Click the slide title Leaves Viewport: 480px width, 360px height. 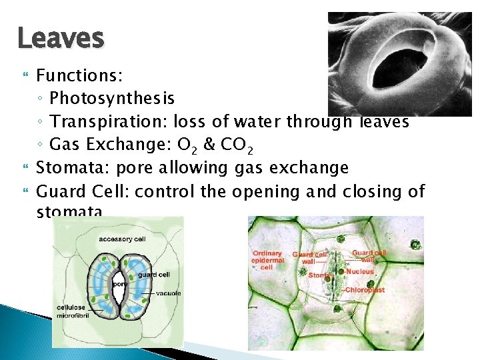coord(61,38)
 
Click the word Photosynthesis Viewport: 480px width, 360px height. coord(112,99)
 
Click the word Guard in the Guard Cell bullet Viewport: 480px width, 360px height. coord(59,191)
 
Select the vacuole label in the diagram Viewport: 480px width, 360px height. coord(168,293)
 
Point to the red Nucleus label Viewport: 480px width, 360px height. coord(360,272)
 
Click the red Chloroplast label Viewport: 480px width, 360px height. coord(363,290)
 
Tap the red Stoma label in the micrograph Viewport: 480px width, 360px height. coord(319,275)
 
